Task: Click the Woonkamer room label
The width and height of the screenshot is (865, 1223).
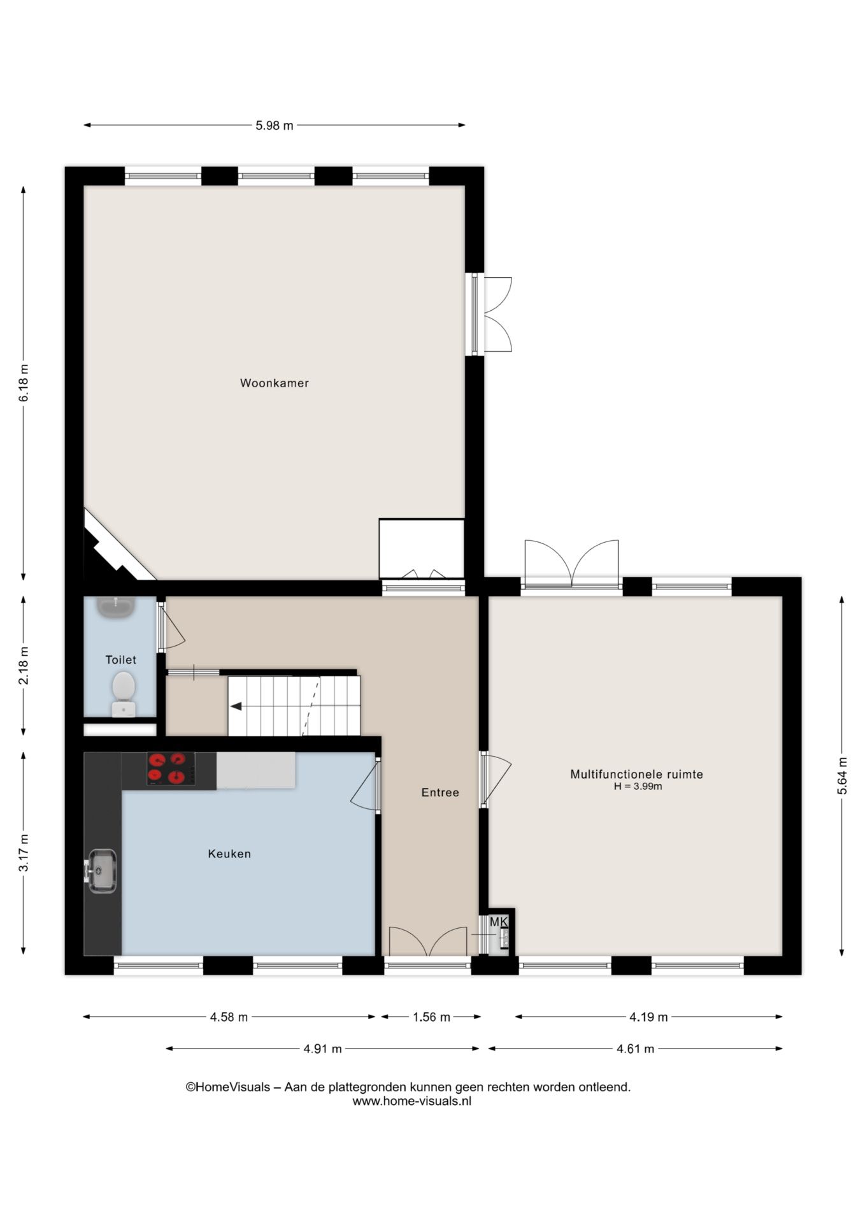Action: (274, 383)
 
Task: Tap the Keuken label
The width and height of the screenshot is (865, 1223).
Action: (229, 854)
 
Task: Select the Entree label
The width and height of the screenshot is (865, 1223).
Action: (440, 792)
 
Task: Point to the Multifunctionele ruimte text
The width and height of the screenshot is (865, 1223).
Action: (636, 775)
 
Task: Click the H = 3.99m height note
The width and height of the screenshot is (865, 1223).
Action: (638, 787)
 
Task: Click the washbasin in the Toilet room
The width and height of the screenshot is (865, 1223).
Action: (116, 606)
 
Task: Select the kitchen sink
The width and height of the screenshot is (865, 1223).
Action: (101, 871)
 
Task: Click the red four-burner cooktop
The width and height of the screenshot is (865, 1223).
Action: (171, 768)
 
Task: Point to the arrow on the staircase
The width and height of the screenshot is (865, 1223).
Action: (236, 706)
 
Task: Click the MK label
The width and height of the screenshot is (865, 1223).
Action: (499, 922)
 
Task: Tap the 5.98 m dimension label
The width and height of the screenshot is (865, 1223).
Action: (275, 125)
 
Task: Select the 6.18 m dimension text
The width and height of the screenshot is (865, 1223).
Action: (24, 383)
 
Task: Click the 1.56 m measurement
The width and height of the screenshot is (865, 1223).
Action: (431, 1017)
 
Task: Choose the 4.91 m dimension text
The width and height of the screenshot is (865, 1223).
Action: (322, 1048)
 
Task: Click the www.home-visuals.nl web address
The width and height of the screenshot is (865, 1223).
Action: (412, 1101)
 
